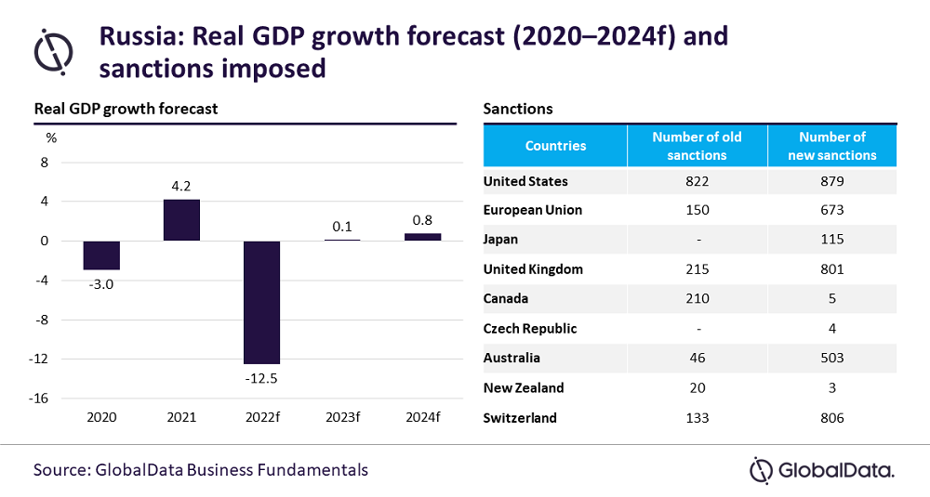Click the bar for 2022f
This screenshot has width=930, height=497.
(261, 302)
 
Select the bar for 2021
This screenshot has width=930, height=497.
(181, 220)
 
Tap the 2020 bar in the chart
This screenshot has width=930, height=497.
(101, 255)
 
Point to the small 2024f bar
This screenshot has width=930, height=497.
(423, 237)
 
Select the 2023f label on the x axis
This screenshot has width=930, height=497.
(342, 418)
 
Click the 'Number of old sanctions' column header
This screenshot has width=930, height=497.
(697, 146)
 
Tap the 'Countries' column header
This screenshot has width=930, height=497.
(555, 146)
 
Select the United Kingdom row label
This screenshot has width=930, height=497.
(533, 269)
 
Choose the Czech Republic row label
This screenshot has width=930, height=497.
(530, 329)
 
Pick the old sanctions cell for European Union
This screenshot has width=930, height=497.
(697, 210)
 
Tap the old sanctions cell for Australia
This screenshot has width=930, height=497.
(697, 358)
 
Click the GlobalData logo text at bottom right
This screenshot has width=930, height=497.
(835, 471)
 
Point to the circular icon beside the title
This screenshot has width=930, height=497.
(54, 48)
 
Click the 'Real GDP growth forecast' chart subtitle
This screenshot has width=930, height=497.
(126, 109)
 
